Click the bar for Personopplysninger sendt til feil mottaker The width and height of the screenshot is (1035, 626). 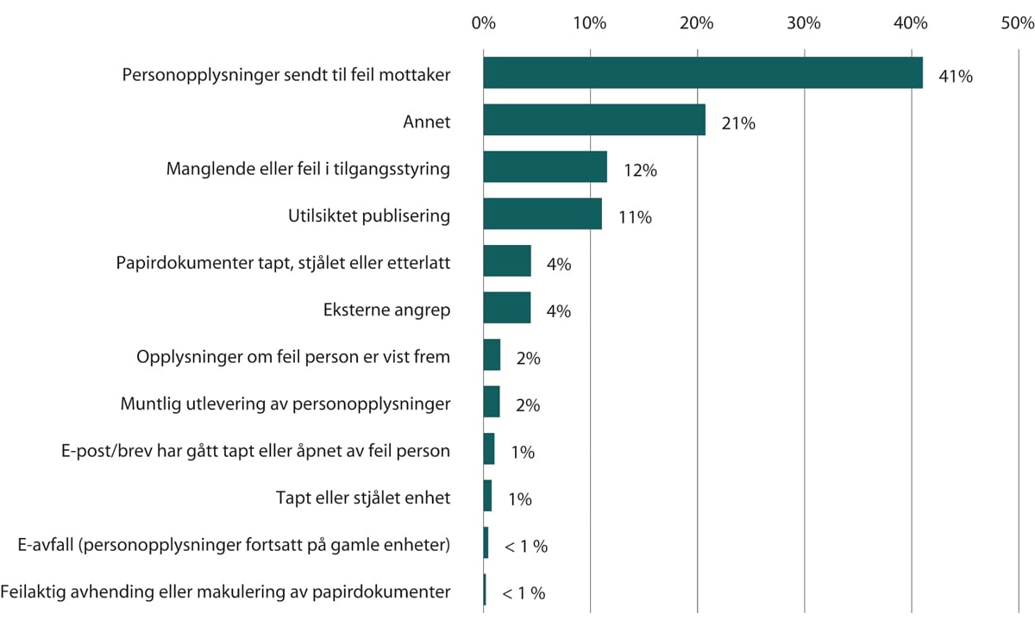pos(702,72)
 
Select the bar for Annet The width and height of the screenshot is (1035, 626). pos(593,120)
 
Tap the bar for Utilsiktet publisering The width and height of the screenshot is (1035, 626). pos(542,214)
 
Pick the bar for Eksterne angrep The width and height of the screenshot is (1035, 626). pos(506,308)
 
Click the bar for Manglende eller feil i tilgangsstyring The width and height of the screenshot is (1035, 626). pos(544,166)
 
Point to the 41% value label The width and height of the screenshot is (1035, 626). pos(956,77)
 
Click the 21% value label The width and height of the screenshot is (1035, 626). pos(738,124)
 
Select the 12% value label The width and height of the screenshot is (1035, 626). pos(640,171)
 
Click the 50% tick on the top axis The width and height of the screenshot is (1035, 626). pos(1017,23)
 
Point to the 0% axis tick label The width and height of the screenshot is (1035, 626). pos(483,23)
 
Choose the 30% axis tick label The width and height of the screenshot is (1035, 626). pos(803,23)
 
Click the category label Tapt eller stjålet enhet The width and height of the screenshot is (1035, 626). pos(363,498)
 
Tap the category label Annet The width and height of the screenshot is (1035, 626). pos(426,122)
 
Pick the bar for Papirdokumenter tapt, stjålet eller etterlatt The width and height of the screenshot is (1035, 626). pos(506,260)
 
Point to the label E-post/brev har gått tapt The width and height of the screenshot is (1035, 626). pos(235,450)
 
